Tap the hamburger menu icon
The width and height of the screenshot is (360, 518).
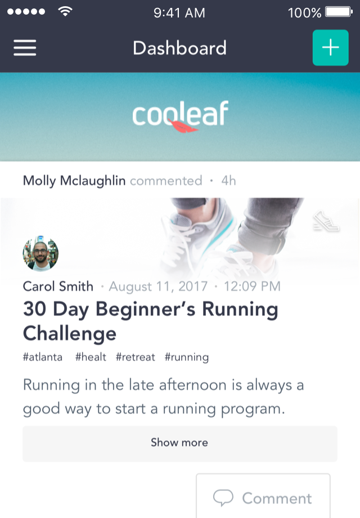point(25,48)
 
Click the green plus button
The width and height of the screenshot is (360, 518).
point(330,47)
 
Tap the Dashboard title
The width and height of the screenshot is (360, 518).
point(179,48)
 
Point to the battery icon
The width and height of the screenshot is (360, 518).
point(339,12)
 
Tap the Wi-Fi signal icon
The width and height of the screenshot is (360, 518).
point(65,11)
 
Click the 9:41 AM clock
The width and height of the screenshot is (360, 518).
point(179,13)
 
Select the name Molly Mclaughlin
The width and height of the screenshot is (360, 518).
point(74,181)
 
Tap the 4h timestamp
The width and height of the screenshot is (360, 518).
point(228,181)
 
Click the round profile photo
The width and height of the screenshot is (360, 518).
point(40,253)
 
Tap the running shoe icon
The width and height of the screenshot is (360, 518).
point(326,221)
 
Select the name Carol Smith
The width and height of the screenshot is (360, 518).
point(58,286)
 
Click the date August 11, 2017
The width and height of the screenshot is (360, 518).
point(159,287)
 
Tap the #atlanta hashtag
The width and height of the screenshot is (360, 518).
point(43,357)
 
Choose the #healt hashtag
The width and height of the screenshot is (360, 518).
point(91,357)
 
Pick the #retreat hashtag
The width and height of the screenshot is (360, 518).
point(136,357)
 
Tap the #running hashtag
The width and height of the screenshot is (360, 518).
point(187,358)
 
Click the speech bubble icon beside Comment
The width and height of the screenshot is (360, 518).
point(223,498)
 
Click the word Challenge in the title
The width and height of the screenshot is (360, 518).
point(70,334)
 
